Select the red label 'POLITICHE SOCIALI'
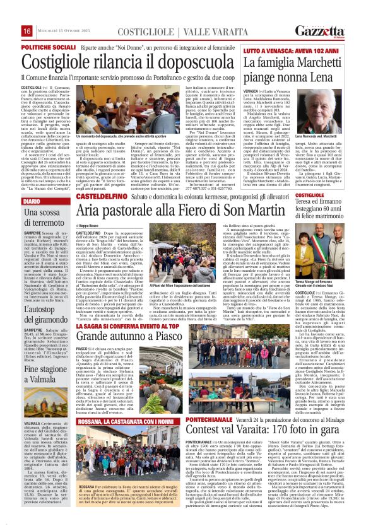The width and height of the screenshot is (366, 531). tap(44, 47)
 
